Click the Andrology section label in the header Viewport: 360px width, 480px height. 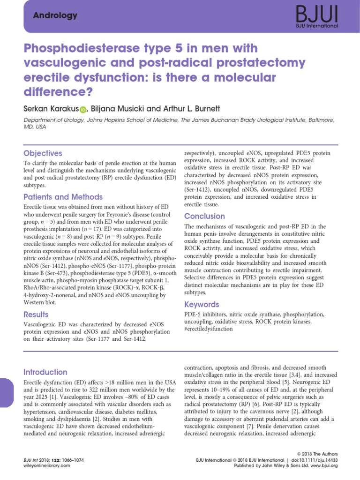pyautogui.click(x=55, y=15)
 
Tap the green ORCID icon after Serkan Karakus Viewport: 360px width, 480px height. pyautogui.click(x=83, y=110)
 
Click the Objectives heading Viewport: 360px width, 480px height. pyautogui.click(x=43, y=153)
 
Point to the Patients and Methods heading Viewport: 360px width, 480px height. pyautogui.click(x=63, y=197)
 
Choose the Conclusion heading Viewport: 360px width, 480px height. pyautogui.click(x=204, y=216)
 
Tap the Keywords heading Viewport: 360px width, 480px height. pyautogui.click(x=202, y=305)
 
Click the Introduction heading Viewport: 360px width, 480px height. pyautogui.click(x=45, y=372)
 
